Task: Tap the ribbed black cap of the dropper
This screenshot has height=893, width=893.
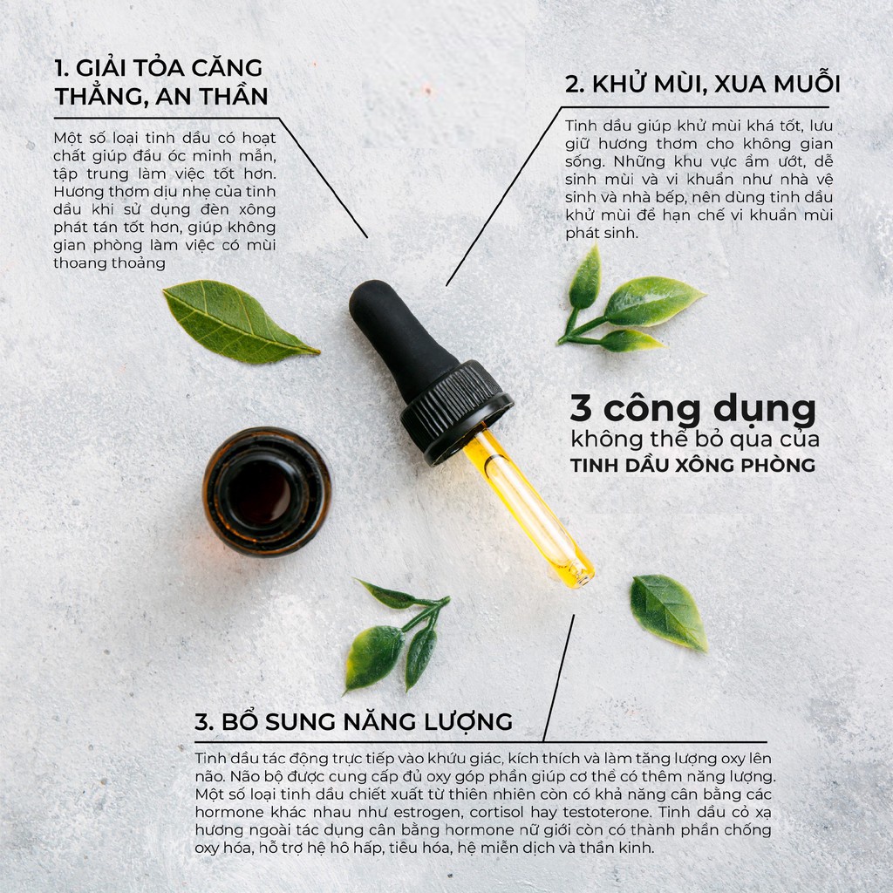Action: coord(457,409)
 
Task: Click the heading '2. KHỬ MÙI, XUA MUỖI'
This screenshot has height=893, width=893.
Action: coord(702,85)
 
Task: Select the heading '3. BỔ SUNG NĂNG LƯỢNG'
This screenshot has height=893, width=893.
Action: coord(353,722)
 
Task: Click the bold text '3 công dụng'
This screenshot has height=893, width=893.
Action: coord(692,407)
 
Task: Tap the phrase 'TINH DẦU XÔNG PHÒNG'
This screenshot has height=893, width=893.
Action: coord(692,466)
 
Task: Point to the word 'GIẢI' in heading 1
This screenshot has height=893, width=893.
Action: coord(111,68)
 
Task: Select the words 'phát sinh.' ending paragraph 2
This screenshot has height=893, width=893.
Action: coord(602,234)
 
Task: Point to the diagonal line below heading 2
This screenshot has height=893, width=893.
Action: coord(501,197)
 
